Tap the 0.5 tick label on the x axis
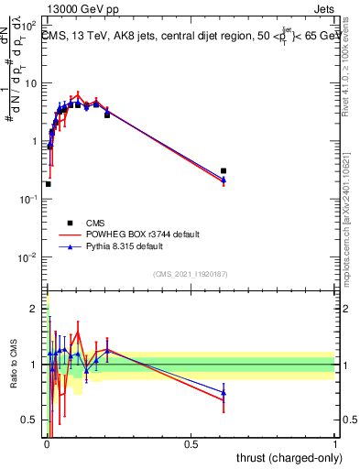(x=190, y=443)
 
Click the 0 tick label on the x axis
(x=45, y=443)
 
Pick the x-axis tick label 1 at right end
(x=335, y=443)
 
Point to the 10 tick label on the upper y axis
(x=31, y=83)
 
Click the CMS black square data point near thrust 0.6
(x=224, y=171)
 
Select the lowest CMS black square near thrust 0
(x=48, y=184)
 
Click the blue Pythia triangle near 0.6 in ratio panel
(x=224, y=393)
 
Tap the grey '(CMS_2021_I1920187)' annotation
(x=190, y=273)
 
